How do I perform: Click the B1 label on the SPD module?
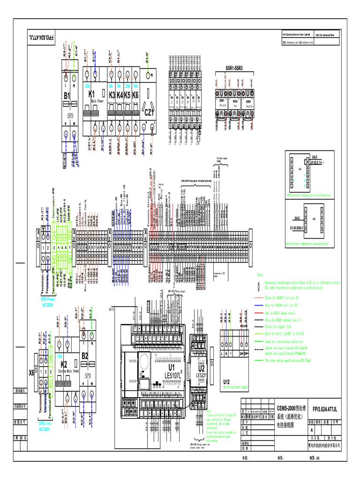(x=67, y=96)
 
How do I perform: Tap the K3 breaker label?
(x=112, y=95)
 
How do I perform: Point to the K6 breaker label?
(x=135, y=95)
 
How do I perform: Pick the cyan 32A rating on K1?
(x=87, y=87)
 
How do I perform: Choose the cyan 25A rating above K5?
(x=127, y=87)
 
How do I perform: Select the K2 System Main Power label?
(x=65, y=364)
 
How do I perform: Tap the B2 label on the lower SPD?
(x=85, y=356)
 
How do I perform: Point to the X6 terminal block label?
(x=32, y=373)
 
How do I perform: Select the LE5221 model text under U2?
(x=202, y=375)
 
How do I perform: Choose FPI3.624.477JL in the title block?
(x=324, y=409)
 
